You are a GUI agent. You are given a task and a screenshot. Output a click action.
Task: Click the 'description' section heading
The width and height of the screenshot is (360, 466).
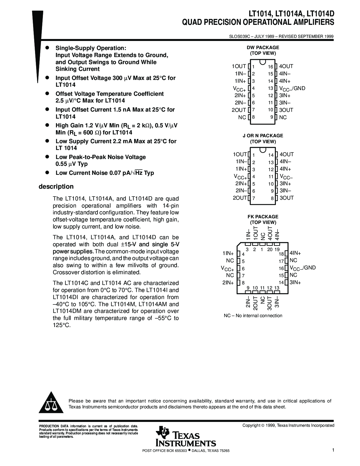point(56,186)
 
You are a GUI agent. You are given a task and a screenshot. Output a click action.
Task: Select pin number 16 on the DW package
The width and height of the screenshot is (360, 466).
point(270,67)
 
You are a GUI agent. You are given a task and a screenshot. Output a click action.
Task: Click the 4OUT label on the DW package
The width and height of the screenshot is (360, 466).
point(286,66)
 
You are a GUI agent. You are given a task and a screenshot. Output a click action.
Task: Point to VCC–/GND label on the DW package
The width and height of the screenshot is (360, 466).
point(292,88)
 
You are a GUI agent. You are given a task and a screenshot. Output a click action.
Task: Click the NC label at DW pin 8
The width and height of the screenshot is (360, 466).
point(242,117)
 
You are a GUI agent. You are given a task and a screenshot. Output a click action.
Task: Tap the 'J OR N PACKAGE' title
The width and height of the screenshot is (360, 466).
point(263,136)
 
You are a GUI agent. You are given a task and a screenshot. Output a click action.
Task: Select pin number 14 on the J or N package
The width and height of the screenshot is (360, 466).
point(271,155)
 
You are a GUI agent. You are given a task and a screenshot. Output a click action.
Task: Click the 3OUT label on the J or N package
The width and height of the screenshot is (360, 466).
point(287,198)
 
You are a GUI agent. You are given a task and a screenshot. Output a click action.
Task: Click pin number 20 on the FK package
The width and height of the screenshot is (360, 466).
point(270,249)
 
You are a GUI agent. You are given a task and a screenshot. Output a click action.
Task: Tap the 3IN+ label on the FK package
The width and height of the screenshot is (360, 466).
point(295,282)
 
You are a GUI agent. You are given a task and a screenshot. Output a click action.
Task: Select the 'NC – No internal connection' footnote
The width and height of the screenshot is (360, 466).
point(253,315)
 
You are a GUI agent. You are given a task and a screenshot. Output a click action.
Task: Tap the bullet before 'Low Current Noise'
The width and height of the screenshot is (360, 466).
point(48,172)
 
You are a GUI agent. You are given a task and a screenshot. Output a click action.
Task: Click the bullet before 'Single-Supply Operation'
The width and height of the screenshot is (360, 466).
point(48,47)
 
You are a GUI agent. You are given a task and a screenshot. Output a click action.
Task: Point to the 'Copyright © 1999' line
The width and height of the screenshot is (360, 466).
point(288,425)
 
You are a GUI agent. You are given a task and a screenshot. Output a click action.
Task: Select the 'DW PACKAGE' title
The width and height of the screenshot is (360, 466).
point(263,47)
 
